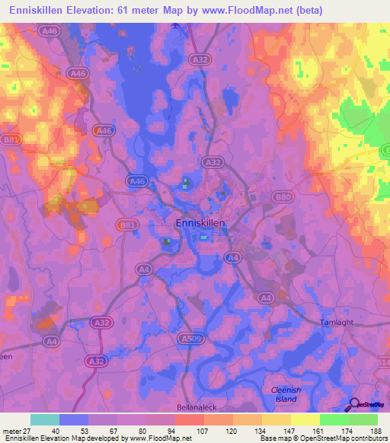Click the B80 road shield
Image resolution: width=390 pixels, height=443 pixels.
pos(283,196)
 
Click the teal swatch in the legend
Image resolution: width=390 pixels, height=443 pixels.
pos(45,419)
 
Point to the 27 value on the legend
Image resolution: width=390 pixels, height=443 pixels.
pos(26,431)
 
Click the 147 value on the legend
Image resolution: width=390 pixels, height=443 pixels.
pos(286,431)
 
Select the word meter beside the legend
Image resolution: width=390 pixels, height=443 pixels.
pos(11,431)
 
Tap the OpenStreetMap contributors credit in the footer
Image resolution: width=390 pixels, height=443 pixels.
pos(345,439)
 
